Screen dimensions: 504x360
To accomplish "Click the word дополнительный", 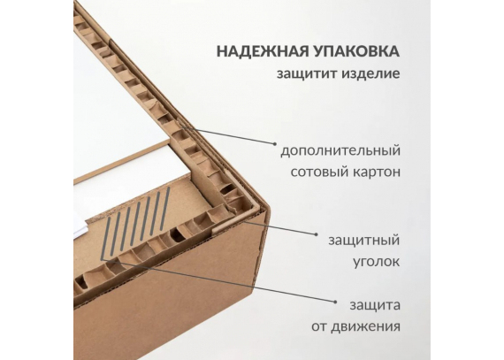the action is click(x=340, y=150).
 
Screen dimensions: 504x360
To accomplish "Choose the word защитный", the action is click(x=364, y=241).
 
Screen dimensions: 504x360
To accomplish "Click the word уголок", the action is click(x=377, y=262).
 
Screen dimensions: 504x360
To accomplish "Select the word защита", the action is click(x=375, y=305).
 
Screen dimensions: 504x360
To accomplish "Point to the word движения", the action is click(x=366, y=327).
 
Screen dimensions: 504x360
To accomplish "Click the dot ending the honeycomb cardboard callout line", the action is click(x=275, y=144).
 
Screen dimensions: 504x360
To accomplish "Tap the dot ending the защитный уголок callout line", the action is click(x=317, y=234).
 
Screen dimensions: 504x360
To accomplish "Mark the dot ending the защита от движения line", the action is click(x=335, y=303).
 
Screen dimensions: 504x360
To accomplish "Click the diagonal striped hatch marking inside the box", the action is click(x=135, y=224).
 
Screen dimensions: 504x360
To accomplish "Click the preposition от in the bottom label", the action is click(x=318, y=327).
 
